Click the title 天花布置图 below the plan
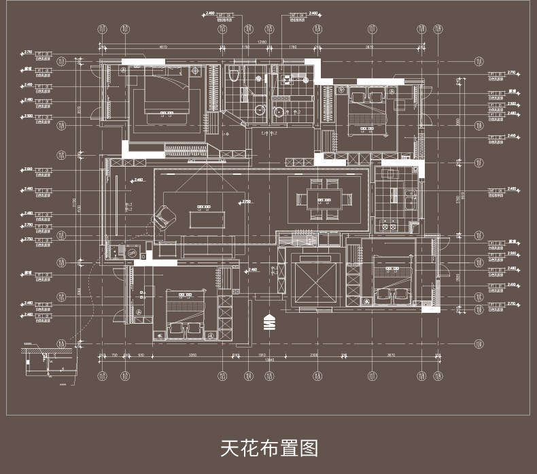point(268,448)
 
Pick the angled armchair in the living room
point(163,217)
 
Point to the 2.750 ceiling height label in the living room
point(245,202)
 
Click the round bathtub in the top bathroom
point(260,110)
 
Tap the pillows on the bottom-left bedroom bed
point(186,329)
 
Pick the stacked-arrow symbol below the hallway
point(268,320)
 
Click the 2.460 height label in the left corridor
point(138,180)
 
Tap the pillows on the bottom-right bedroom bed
point(391,294)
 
